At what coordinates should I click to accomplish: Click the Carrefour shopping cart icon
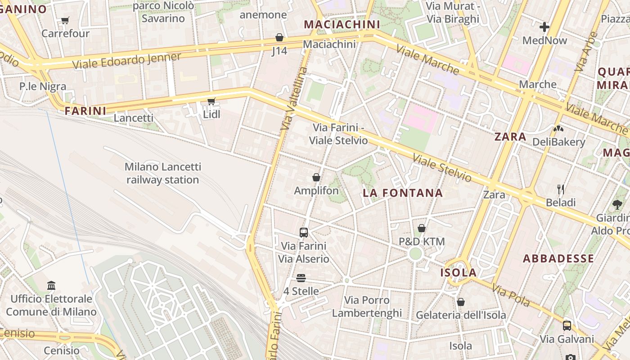(x=65, y=20)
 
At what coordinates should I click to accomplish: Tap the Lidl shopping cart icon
(x=211, y=101)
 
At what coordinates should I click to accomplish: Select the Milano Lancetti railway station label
(x=163, y=173)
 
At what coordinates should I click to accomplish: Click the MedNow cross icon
(x=544, y=27)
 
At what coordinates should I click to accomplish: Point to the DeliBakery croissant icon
(x=558, y=129)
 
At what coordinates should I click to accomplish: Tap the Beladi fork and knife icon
(x=560, y=189)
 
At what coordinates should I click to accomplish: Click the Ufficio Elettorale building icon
(x=51, y=285)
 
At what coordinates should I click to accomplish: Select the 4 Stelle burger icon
(x=301, y=278)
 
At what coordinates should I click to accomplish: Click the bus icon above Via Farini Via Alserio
(x=304, y=233)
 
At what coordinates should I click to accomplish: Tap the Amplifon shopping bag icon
(x=316, y=177)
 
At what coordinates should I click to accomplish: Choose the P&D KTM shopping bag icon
(x=422, y=228)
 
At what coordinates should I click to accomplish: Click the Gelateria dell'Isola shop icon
(x=460, y=301)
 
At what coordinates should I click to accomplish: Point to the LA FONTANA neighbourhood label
(x=403, y=193)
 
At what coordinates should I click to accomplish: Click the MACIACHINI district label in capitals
(x=342, y=24)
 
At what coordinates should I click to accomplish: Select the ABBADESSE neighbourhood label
(x=558, y=259)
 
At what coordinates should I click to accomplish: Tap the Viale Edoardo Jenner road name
(x=126, y=61)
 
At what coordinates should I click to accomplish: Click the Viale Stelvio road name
(x=442, y=168)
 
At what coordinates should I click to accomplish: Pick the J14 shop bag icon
(x=279, y=37)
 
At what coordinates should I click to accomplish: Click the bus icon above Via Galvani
(x=567, y=325)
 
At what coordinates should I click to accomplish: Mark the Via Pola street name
(x=511, y=295)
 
